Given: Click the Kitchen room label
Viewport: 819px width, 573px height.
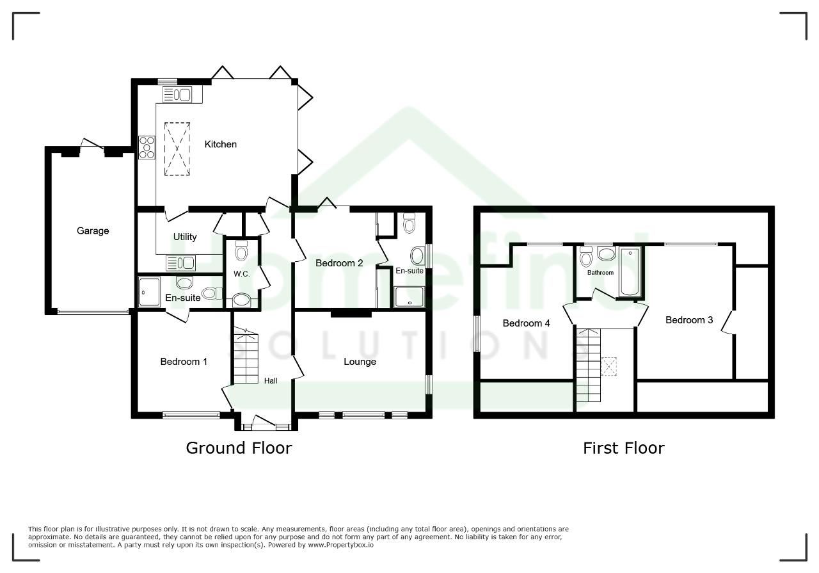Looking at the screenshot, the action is [x=221, y=144].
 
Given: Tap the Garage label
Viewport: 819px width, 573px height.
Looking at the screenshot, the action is [x=93, y=231].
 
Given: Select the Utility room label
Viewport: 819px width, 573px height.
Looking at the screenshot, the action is [x=185, y=237].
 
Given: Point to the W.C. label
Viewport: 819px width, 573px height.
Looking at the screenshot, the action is [x=242, y=273].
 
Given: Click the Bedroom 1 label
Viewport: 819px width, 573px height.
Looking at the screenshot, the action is [x=184, y=362].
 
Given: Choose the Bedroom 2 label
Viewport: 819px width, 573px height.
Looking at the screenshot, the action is [x=339, y=262].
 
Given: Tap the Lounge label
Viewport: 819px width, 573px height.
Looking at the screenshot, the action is [x=360, y=362].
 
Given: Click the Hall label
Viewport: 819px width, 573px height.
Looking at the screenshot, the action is [x=271, y=380].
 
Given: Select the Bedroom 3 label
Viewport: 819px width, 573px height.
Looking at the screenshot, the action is [x=689, y=320].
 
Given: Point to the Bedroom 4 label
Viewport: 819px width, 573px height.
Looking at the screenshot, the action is [x=526, y=323].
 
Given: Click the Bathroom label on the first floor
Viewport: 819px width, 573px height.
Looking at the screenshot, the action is [x=600, y=273].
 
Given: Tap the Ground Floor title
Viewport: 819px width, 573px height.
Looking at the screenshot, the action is [x=239, y=448].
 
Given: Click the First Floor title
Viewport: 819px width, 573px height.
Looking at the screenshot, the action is [x=624, y=448].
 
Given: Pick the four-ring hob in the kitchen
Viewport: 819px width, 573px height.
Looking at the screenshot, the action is [x=147, y=147].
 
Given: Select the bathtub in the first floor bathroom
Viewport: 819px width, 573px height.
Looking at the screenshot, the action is [x=630, y=271].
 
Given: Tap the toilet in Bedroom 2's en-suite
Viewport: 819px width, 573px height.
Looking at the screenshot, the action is [x=409, y=223].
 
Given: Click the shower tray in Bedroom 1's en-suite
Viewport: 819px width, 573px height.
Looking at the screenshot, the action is [x=149, y=292].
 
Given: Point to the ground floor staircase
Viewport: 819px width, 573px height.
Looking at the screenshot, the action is [x=246, y=357].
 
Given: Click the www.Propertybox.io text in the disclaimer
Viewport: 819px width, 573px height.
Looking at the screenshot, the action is [x=340, y=545].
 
